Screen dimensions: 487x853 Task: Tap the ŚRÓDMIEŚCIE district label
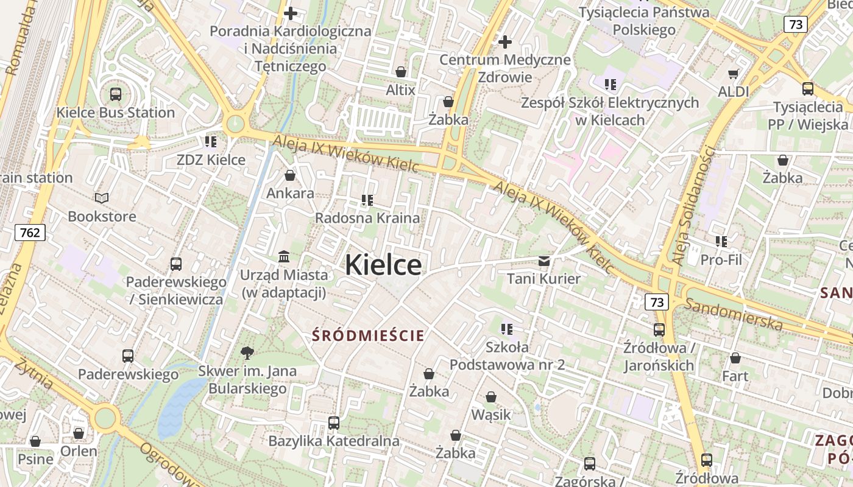(368, 335)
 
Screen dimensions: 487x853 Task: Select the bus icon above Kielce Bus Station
(116, 94)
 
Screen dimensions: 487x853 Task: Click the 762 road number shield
(30, 233)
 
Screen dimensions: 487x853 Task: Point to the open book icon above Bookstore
(102, 198)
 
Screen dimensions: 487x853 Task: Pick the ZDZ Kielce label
(211, 160)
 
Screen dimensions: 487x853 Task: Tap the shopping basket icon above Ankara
(290, 175)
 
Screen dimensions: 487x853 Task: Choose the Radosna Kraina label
(367, 218)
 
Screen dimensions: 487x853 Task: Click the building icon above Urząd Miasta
(284, 257)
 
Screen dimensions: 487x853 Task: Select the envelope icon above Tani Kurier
(544, 261)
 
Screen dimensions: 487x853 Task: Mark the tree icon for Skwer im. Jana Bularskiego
(247, 352)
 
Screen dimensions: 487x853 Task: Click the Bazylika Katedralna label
(334, 441)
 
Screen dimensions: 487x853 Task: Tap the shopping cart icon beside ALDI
(733, 74)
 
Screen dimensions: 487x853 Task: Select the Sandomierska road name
(734, 314)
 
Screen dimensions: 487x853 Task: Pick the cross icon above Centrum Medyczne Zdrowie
(505, 42)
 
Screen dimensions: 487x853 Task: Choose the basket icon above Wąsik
(491, 398)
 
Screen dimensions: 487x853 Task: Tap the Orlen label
(79, 451)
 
